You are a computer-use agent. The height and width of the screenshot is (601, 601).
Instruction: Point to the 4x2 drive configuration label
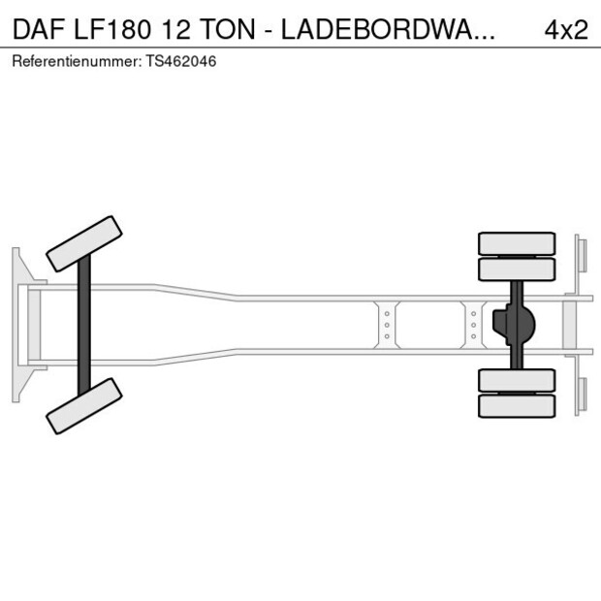[x=566, y=29]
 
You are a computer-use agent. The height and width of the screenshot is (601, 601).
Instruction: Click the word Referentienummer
[x=73, y=61]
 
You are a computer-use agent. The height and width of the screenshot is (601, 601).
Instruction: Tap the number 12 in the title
[x=182, y=29]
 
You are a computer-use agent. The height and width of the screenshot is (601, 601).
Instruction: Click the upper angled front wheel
[x=84, y=243]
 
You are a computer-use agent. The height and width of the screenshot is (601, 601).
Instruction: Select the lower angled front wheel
[x=84, y=405]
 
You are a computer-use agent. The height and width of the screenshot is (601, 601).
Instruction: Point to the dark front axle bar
[x=84, y=324]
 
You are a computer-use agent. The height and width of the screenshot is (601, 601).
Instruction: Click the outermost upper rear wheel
[x=518, y=242]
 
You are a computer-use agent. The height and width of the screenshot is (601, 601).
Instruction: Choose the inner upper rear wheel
[x=518, y=269]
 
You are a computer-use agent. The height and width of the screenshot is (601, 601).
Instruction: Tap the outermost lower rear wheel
[x=518, y=406]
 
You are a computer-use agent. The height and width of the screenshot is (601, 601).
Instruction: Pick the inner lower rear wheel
[x=518, y=379]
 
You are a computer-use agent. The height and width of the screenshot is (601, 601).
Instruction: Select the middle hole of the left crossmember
[x=387, y=325]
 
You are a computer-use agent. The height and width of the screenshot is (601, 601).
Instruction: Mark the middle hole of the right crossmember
[x=473, y=325]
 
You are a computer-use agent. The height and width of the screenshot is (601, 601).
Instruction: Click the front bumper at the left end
[x=16, y=324]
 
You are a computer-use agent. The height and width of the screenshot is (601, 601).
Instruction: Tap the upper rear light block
[x=581, y=256]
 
